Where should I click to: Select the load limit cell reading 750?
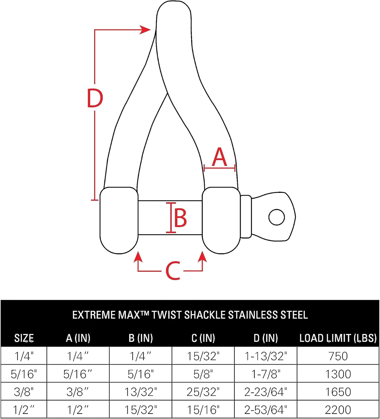[338, 356]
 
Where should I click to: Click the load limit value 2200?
[338, 410]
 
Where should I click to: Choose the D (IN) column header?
[266, 338]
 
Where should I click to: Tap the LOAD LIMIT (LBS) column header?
[338, 338]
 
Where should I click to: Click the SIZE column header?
[24, 338]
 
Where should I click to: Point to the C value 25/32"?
[203, 392]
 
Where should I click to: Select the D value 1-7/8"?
[266, 374]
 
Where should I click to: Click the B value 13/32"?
[141, 392]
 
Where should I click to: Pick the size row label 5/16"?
[24, 374]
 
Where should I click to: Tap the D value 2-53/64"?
[266, 410]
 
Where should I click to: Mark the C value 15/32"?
[203, 356]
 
